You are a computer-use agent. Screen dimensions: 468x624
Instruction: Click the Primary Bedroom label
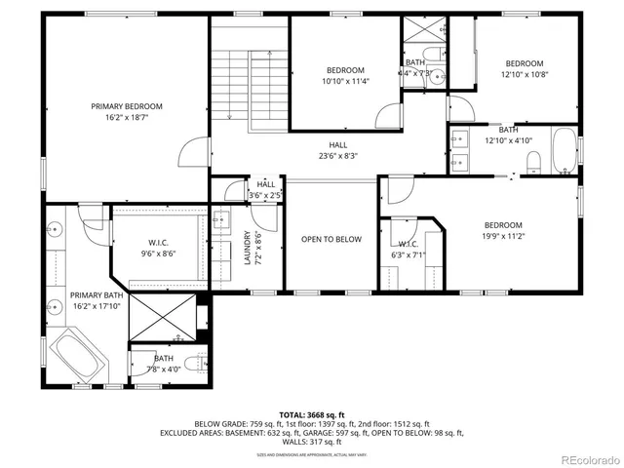pos(127,106)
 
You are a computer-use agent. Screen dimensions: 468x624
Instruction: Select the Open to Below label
pos(331,239)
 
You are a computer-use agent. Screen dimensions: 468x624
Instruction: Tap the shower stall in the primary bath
pos(161,315)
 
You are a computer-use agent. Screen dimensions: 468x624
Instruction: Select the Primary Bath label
pos(97,294)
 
